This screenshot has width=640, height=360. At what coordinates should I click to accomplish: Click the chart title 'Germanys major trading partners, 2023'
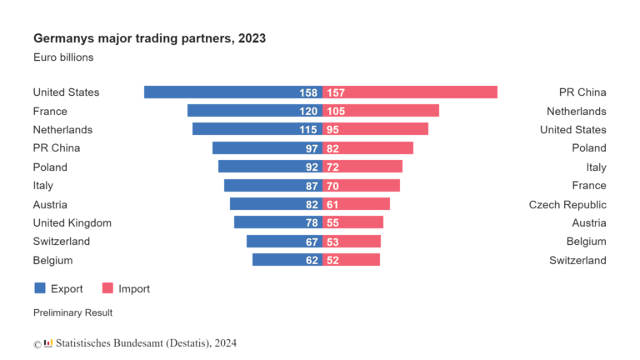tap(149, 38)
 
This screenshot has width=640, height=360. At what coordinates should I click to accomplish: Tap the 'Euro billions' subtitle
tap(63, 57)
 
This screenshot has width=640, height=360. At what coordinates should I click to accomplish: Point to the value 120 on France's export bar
tap(309, 111)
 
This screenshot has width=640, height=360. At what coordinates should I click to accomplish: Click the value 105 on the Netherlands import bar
tap(336, 111)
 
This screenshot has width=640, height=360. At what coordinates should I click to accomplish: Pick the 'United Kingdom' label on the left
tap(72, 222)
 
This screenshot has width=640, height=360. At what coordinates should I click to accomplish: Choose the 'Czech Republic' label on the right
tap(567, 204)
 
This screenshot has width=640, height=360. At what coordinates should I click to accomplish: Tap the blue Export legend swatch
tap(40, 288)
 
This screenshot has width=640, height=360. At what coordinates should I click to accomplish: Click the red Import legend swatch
tap(107, 288)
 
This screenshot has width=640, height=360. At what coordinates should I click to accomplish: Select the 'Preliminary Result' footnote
tap(72, 312)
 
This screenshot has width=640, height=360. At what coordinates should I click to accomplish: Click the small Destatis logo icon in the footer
tap(48, 342)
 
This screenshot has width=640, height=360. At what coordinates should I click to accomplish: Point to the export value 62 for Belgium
tap(312, 260)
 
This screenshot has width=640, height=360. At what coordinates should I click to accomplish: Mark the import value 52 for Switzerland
tap(333, 260)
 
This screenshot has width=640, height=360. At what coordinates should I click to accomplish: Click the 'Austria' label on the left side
tap(49, 204)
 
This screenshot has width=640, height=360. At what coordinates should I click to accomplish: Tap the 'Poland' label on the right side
tap(588, 148)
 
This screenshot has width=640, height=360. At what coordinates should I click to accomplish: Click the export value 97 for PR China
tap(312, 148)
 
